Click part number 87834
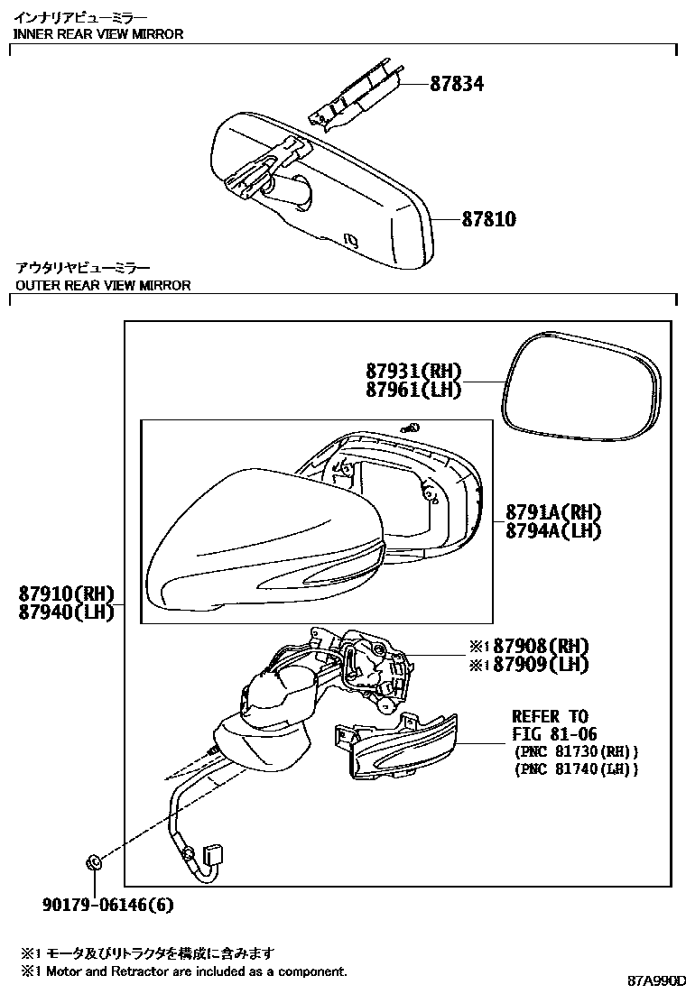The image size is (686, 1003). point(456,84)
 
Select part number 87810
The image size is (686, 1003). point(489,219)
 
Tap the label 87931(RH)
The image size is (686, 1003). point(413,371)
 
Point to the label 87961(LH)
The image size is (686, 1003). point(413,390)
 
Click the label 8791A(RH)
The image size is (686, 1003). point(553,511)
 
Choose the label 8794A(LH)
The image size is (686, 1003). point(553,530)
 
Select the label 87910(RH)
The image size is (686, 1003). point(66,594)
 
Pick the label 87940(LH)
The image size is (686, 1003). point(66,612)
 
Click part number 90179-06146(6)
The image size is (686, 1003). point(108,905)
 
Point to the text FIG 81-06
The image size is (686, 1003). point(554,734)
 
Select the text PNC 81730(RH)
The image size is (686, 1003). point(576,751)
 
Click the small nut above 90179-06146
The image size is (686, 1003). point(93,863)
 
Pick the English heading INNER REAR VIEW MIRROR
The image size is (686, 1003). point(98,34)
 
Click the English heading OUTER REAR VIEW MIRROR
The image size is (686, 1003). point(103,285)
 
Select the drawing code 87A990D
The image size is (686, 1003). point(655,980)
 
